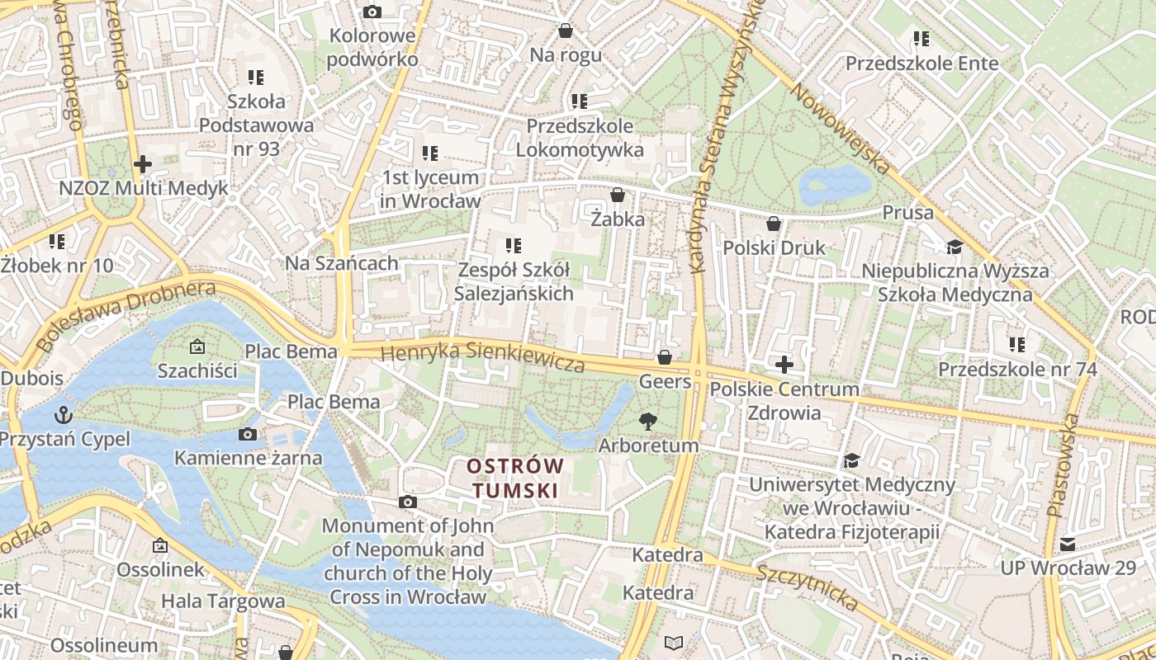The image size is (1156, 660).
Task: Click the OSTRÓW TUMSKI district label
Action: pyautogui.click(x=515, y=478)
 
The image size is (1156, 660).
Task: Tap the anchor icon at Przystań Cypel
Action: pyautogui.click(x=63, y=414)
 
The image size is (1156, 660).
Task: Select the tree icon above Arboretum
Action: pyautogui.click(x=648, y=422)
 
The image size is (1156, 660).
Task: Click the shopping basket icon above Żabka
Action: pyautogui.click(x=617, y=196)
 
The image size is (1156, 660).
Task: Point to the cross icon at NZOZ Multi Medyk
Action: pyautogui.click(x=143, y=164)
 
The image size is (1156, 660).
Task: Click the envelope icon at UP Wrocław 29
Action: pyautogui.click(x=1068, y=544)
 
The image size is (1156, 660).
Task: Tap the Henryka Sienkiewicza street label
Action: pyautogui.click(x=482, y=356)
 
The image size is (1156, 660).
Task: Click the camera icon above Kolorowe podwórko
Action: pyautogui.click(x=372, y=12)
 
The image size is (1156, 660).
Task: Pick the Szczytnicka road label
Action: pyautogui.click(x=807, y=587)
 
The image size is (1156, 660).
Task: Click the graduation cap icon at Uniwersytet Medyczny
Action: pyautogui.click(x=851, y=460)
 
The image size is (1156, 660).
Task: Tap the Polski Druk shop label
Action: pyautogui.click(x=774, y=247)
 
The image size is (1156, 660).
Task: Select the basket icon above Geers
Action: pyautogui.click(x=664, y=358)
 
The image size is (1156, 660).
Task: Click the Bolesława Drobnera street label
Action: pyautogui.click(x=126, y=313)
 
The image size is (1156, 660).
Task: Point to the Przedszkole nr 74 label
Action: pyautogui.click(x=1017, y=369)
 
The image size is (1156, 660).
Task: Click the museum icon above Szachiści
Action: pyautogui.click(x=197, y=347)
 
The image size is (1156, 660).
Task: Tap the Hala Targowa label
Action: pyautogui.click(x=223, y=601)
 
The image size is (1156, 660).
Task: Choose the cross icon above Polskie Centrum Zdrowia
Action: pyautogui.click(x=784, y=365)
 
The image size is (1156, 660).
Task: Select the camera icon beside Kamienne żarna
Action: pyautogui.click(x=247, y=435)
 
